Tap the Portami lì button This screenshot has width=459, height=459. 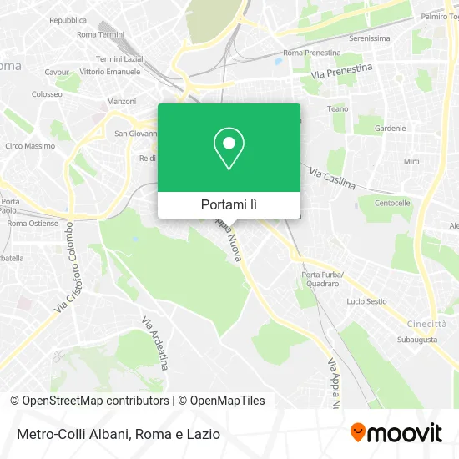229,204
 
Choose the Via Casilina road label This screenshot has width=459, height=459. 332,178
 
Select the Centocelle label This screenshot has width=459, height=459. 393,203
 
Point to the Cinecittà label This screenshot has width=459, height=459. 426,324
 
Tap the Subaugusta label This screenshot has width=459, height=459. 417,340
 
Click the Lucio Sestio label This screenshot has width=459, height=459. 366,300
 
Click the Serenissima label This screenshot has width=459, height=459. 371,38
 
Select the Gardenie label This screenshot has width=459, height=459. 390,129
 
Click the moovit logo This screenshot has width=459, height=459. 396,432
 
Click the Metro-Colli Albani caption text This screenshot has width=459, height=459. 116,434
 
